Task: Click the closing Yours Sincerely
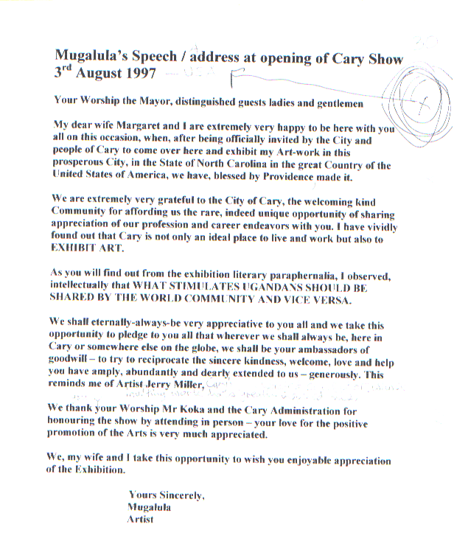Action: [167, 496]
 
